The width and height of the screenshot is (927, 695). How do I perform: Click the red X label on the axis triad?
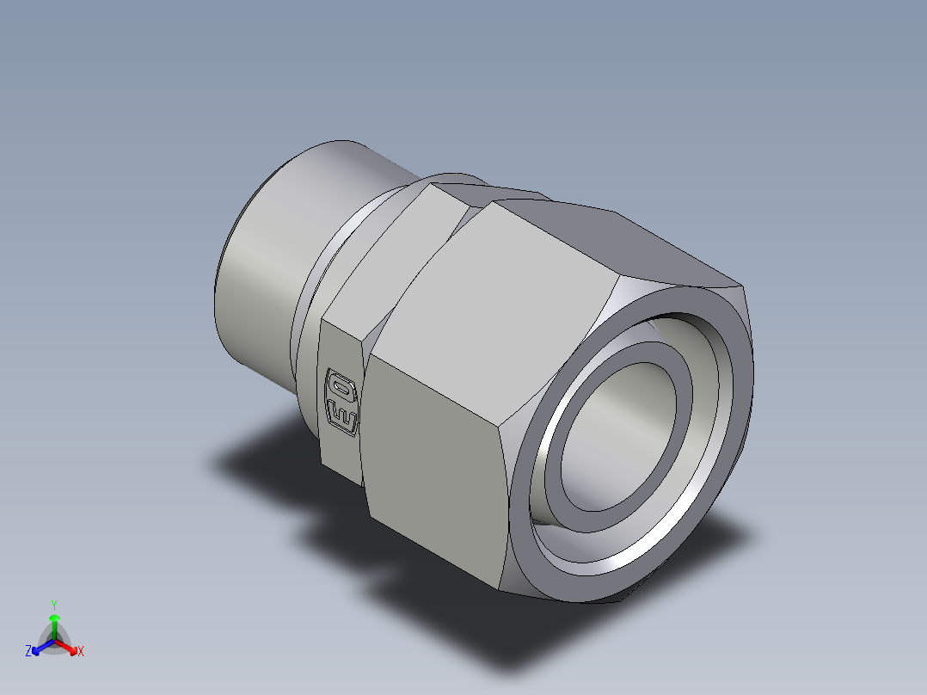pyautogui.click(x=81, y=652)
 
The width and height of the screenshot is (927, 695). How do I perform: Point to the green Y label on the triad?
pyautogui.click(x=53, y=604)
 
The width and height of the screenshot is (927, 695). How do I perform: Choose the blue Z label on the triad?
pyautogui.click(x=28, y=652)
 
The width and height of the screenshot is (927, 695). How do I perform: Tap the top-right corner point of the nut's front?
pyautogui.click(x=743, y=286)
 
